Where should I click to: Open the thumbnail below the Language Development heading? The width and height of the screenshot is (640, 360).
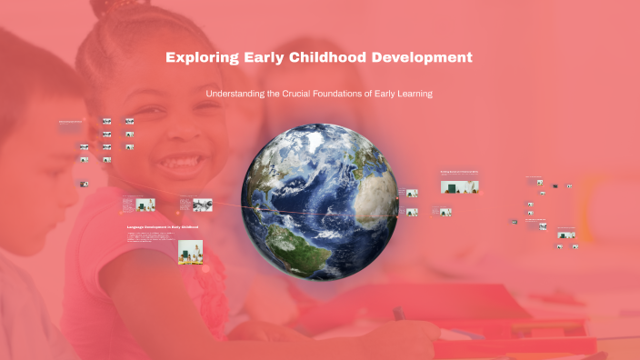pos(190,250)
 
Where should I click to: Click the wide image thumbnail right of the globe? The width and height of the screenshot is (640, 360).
pos(460,186)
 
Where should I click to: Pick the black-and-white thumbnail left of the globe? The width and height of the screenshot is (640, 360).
pos(201,203)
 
